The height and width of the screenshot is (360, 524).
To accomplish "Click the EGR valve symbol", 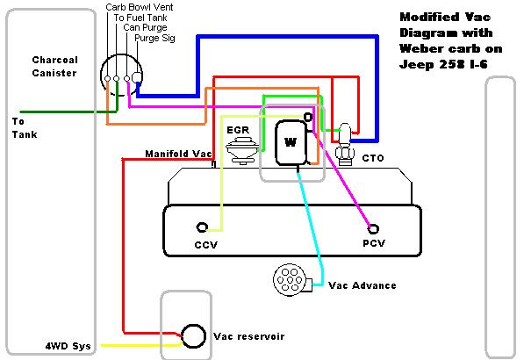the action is pos(242,150).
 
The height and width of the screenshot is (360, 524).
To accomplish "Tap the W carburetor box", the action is pos(291,142).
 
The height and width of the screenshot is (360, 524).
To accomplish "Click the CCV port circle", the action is pos(202,227).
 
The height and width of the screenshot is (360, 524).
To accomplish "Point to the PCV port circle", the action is pos(373,229).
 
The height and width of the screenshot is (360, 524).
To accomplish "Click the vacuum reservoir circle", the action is pos(193,336).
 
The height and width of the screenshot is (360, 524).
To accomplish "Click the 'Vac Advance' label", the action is pos(362,285).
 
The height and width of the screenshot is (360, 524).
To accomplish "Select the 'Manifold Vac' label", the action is pos(178,154).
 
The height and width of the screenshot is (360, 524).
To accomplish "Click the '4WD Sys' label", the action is pos(68,346).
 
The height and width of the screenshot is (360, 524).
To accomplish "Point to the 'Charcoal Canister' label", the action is pos(54,66).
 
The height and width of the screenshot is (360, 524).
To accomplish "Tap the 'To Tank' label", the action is pos(25,128).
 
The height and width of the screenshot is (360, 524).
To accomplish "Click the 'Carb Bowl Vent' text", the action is pos(140,7).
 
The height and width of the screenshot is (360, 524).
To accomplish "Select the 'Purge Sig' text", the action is pos(154,38).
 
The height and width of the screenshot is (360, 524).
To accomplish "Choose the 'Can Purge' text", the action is pos(145,27).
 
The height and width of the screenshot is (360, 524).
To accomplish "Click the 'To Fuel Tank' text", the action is pos(140,18).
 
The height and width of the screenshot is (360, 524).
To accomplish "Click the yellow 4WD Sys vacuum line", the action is pos(141,345).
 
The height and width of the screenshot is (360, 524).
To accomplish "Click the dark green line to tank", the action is pos(68,112).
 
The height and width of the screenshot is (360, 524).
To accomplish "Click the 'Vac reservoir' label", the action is pos(249,336).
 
